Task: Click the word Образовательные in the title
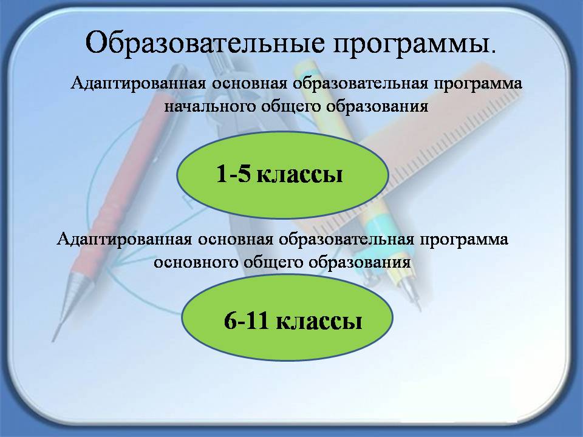[205, 42]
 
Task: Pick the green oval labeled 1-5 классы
[282, 174]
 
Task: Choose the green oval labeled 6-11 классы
[287, 317]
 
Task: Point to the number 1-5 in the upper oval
[233, 173]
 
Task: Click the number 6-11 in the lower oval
[246, 320]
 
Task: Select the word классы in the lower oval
[319, 321]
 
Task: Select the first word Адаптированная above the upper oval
[138, 83]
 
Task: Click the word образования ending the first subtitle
[377, 106]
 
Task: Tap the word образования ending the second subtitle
[360, 262]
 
